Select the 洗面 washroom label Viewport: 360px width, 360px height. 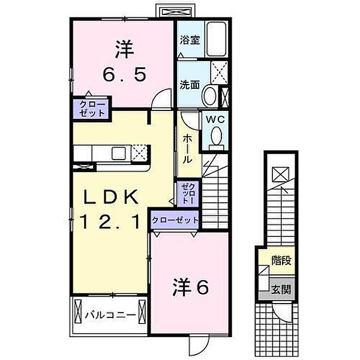[190, 85]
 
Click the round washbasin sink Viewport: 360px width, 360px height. [211, 95]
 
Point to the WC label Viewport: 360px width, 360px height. [215, 119]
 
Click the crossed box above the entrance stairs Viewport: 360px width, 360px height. [280, 175]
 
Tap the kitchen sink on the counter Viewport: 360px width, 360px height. [116, 152]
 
